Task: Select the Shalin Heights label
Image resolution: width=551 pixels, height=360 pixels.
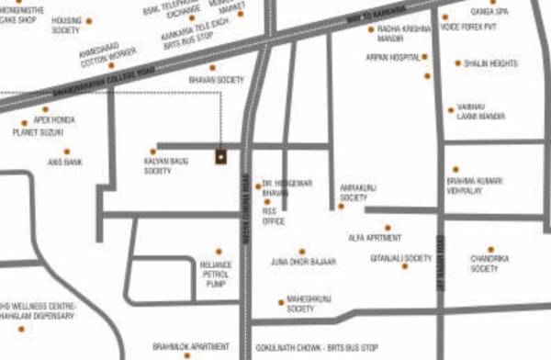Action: [486, 63]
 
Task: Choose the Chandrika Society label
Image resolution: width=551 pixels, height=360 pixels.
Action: [489, 264]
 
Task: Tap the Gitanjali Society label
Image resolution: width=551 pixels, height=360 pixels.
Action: [401, 258]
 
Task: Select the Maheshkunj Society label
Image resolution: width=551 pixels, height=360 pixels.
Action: [307, 305]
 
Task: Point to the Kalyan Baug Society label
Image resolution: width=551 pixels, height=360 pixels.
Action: [165, 166]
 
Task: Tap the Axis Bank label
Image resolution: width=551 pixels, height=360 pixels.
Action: [65, 162]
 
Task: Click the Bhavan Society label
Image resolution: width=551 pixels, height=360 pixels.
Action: [218, 80]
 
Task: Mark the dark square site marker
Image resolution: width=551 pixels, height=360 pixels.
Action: [220, 156]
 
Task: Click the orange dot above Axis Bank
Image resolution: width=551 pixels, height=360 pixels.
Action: [65, 150]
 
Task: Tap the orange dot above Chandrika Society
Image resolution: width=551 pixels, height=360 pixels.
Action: [490, 249]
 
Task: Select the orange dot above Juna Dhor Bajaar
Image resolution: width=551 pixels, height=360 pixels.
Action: [301, 251]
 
